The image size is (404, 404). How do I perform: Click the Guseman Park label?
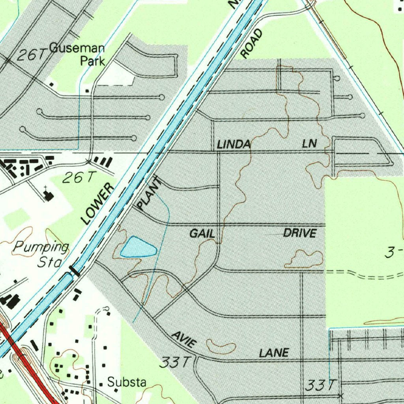pyautogui.click(x=85, y=54)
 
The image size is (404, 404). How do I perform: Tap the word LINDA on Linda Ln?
pyautogui.click(x=234, y=145)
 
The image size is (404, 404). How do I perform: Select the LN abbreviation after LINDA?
pyautogui.click(x=310, y=144)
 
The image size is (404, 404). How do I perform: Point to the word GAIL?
pyautogui.click(x=202, y=234)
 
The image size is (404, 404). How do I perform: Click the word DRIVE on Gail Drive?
pyautogui.click(x=300, y=233)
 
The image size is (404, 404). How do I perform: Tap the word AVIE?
pyautogui.click(x=183, y=339)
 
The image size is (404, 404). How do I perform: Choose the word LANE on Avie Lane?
pyautogui.click(x=274, y=352)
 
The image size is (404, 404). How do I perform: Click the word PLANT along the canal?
pyautogui.click(x=150, y=193)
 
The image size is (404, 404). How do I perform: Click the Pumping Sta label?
pyautogui.click(x=41, y=254)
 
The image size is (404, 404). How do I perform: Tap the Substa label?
pyautogui.click(x=127, y=382)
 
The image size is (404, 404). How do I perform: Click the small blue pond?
pyautogui.click(x=137, y=247)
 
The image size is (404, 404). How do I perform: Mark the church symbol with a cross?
pyautogui.click(x=49, y=194)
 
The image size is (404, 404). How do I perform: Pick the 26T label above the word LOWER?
pyautogui.click(x=79, y=178)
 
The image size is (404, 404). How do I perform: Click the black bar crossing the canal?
pyautogui.click(x=75, y=271)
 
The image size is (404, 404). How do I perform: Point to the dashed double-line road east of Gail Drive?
pyautogui.click(x=363, y=273)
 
